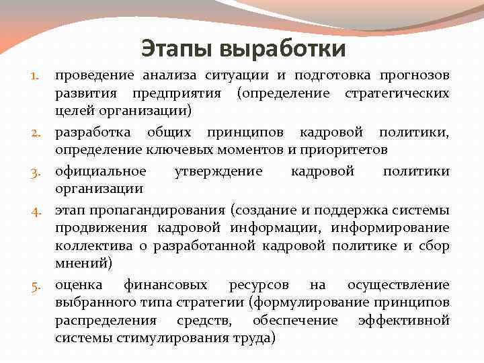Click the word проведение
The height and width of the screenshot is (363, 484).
click(95, 74)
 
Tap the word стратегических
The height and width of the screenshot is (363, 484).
click(397, 91)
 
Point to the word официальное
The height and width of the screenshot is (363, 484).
click(100, 171)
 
